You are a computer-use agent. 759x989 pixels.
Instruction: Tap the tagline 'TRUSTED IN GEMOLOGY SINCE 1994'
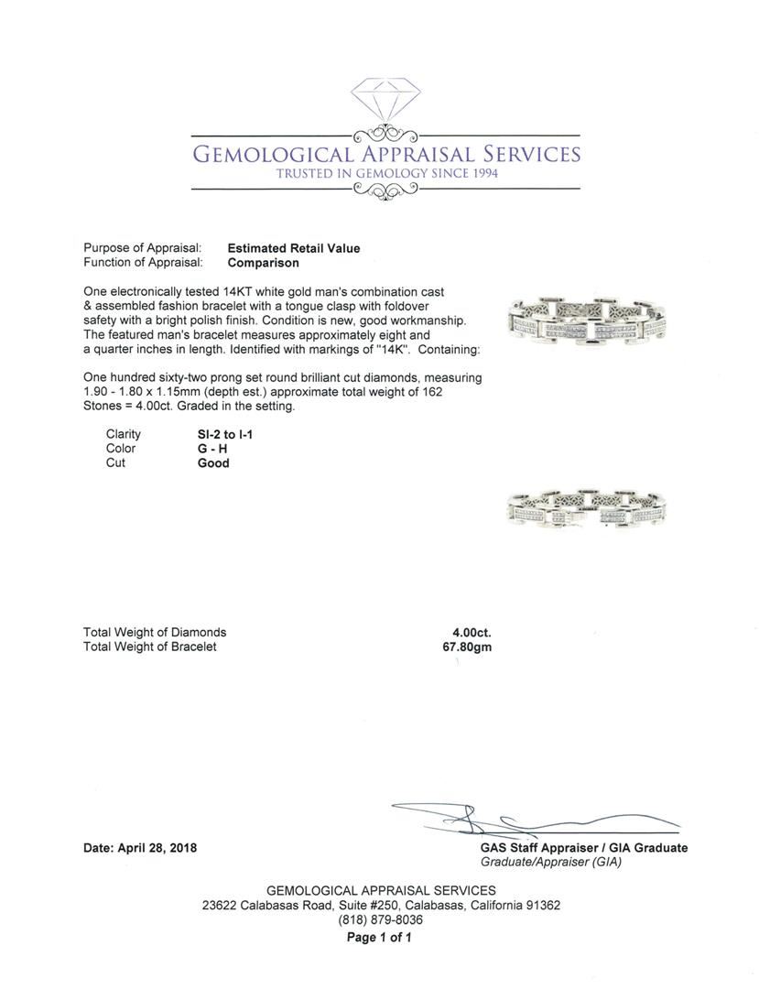coord(385,173)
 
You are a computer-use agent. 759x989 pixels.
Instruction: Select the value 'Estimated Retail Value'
coord(294,248)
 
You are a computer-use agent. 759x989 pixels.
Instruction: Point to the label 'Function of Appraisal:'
coord(142,263)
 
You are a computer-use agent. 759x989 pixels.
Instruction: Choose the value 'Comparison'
coord(263,263)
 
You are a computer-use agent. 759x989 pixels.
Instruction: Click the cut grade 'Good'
coord(213,463)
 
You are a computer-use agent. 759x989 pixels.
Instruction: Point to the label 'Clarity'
coord(124,434)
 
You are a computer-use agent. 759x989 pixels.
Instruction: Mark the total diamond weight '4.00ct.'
coord(465,632)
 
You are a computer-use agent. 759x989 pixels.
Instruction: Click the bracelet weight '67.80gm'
coord(467,647)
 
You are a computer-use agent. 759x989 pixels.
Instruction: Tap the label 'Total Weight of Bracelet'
coord(150,647)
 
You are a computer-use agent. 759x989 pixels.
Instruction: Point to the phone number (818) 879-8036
coord(381,919)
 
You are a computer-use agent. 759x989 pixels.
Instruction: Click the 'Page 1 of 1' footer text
coord(379,938)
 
